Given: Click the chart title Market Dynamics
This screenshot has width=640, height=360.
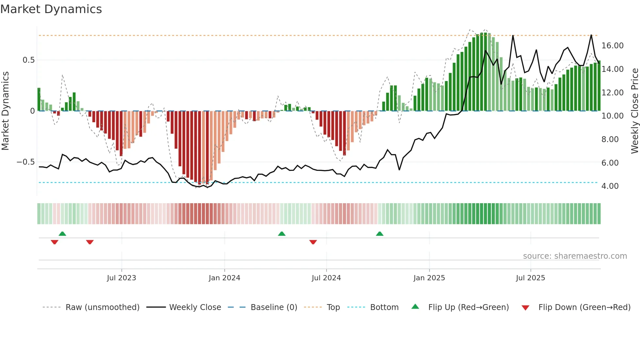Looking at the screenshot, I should [51, 9].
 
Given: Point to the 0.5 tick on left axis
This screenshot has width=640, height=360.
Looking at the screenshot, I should [28, 60].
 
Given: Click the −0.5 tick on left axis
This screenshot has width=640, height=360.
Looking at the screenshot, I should [25, 162].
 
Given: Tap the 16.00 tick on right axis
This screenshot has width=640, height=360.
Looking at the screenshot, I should [612, 46].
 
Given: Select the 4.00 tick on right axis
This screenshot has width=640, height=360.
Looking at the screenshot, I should [610, 186].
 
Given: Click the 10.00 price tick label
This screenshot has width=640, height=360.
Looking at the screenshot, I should [612, 116].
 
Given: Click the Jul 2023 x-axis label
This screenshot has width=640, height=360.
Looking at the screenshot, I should [121, 278].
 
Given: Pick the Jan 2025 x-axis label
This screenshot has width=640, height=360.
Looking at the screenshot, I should [429, 278].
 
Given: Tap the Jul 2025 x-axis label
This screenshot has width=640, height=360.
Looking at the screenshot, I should [530, 278].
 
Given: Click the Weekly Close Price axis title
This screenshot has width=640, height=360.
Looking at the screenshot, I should [634, 111].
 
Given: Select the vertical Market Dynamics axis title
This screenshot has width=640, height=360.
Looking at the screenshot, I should [6, 111].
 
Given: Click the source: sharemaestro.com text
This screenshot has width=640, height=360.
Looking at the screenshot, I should [575, 256].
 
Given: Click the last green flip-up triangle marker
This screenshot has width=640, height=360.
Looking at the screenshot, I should [379, 234].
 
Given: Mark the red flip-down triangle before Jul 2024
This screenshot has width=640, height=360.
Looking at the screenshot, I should [313, 242].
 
